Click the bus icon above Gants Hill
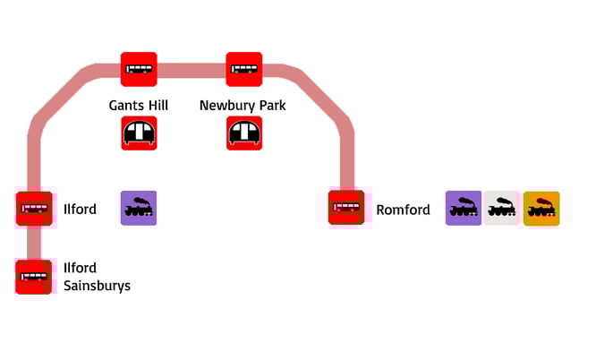click(139, 69)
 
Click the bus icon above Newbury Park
click(244, 69)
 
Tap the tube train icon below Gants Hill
click(139, 133)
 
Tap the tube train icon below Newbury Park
click(244, 133)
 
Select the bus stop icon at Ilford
click(34, 209)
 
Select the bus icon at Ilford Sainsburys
click(34, 276)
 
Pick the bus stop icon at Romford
click(345, 209)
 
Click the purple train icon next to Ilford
click(139, 209)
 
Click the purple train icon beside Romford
click(464, 209)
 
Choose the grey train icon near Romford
click(502, 209)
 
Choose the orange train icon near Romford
click(541, 209)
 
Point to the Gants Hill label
click(139, 106)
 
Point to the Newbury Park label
click(243, 106)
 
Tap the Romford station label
click(403, 210)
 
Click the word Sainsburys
click(97, 287)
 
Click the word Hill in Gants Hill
click(158, 106)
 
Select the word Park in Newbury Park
click(271, 106)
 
